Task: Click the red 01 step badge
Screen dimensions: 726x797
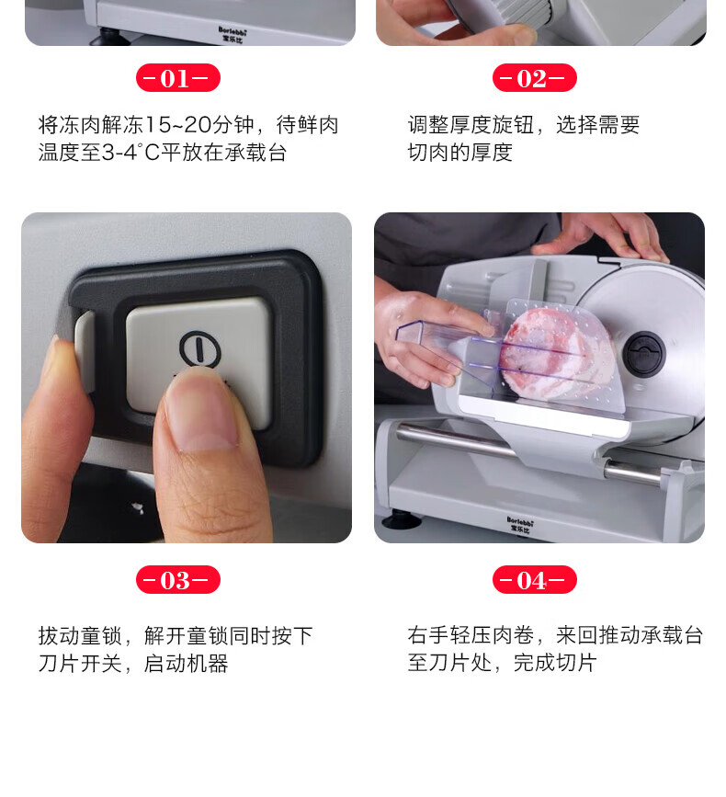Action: tap(177, 78)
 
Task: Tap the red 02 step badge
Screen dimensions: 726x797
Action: tap(535, 78)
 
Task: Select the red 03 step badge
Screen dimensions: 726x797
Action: tap(177, 579)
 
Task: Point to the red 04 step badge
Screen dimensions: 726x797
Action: tap(535, 579)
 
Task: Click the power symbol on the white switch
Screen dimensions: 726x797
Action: tap(200, 348)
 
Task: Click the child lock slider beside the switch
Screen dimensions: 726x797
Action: tap(85, 351)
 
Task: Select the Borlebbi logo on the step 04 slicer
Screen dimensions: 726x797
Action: tap(520, 525)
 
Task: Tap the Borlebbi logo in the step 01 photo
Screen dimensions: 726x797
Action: tap(233, 34)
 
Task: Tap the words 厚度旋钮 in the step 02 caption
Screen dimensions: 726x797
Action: tap(492, 124)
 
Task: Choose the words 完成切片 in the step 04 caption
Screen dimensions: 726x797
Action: tap(555, 663)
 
